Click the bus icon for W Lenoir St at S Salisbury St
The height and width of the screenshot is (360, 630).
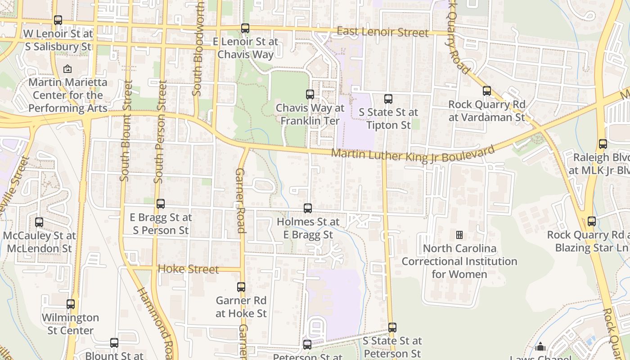click(x=58, y=20)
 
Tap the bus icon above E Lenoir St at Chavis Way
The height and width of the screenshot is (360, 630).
click(x=245, y=28)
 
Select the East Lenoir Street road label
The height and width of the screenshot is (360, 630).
click(x=382, y=32)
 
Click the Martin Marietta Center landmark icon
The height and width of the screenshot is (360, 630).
click(x=67, y=69)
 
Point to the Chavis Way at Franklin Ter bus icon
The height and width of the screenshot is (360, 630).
click(x=310, y=94)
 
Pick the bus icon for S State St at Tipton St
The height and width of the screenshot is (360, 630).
click(x=388, y=99)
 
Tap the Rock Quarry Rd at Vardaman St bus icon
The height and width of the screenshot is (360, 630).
click(x=487, y=91)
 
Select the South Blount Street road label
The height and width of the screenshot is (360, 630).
click(x=126, y=131)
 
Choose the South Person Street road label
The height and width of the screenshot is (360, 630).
click(x=160, y=132)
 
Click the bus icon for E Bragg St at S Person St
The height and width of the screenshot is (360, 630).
click(x=161, y=204)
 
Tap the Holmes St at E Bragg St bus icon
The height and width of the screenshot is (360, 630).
click(x=308, y=208)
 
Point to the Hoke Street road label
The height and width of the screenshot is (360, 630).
click(x=189, y=269)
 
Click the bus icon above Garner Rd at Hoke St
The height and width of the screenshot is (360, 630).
click(x=241, y=287)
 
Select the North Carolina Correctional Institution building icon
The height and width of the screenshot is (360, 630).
click(x=459, y=235)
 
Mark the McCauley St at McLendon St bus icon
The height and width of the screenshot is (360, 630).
click(x=39, y=222)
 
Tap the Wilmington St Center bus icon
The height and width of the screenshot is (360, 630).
click(x=71, y=304)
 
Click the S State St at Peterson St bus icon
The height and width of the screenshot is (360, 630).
click(x=392, y=328)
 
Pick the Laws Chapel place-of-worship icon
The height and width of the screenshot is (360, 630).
click(x=540, y=346)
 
